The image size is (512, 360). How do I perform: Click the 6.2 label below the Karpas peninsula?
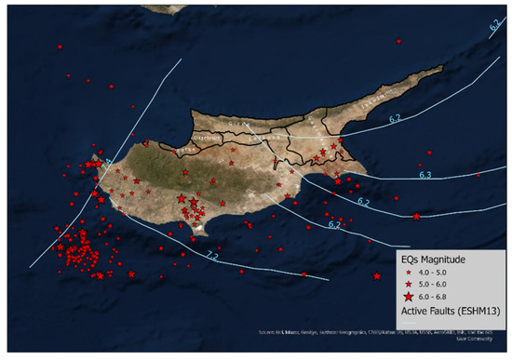tap(395, 118)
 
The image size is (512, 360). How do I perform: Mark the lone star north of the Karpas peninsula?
tap(397, 41)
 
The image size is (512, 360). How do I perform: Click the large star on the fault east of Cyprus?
tap(416, 217)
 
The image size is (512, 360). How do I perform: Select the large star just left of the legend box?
tap(376, 276)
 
